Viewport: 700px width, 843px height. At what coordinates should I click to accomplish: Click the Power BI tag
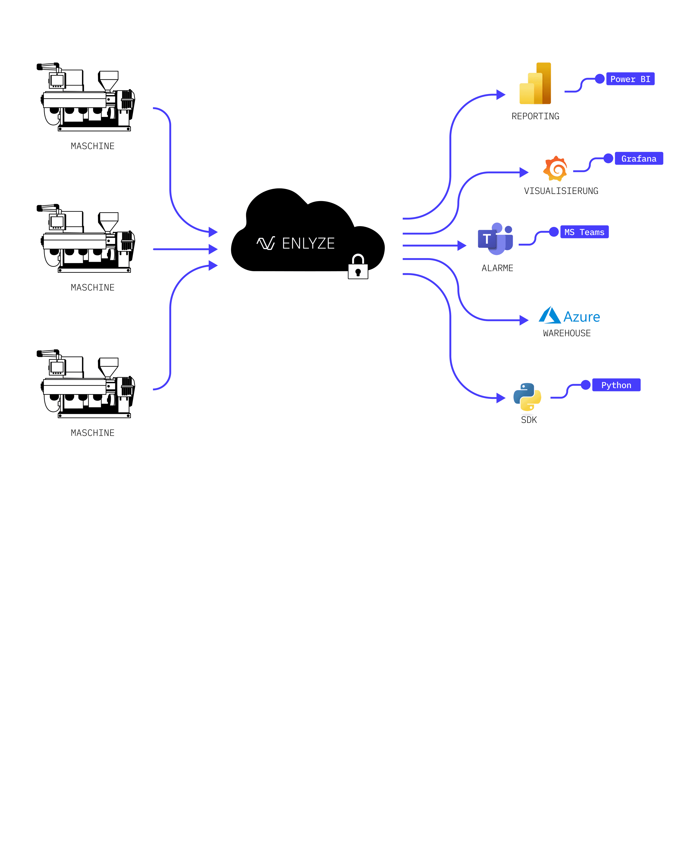click(630, 79)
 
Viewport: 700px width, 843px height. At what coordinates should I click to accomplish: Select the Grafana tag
click(639, 158)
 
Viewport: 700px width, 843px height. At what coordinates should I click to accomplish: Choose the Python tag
click(616, 385)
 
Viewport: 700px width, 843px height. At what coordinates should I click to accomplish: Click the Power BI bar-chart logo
click(535, 84)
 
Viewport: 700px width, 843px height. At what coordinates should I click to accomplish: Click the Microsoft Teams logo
click(495, 239)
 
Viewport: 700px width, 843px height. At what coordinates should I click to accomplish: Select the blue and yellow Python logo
click(527, 397)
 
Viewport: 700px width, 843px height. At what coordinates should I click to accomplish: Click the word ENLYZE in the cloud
click(308, 243)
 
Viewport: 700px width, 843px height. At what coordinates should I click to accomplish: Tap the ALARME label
click(497, 268)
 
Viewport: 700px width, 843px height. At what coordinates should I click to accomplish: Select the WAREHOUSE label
click(567, 333)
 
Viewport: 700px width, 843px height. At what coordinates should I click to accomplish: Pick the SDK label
click(529, 420)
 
